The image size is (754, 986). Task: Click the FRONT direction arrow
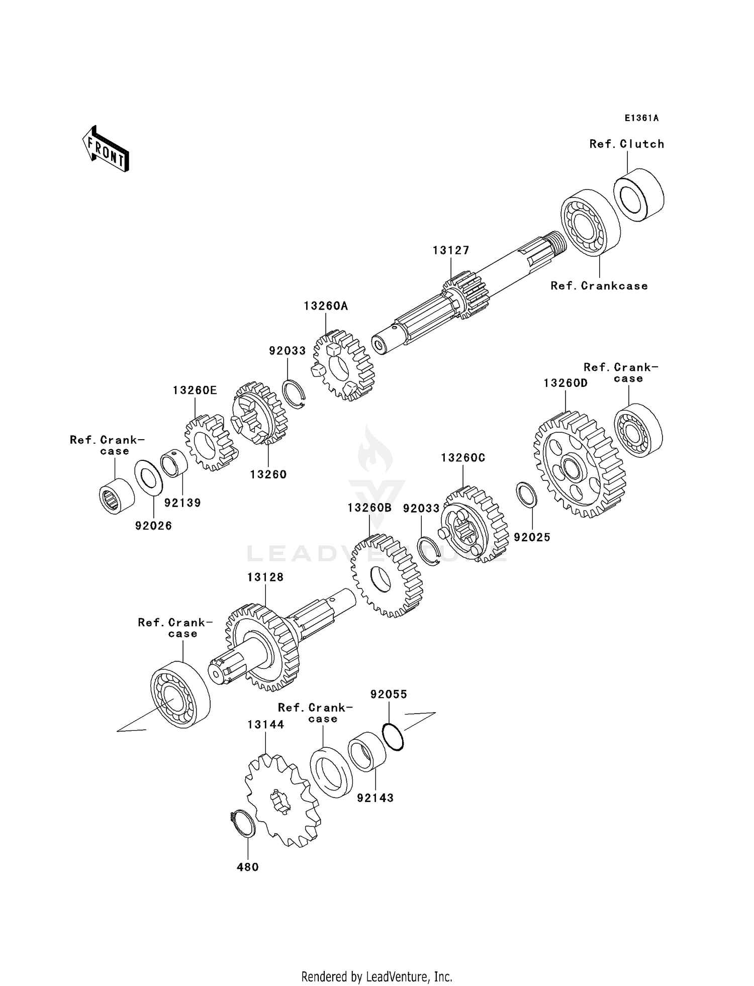pos(106,149)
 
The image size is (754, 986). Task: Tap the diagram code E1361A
pos(641,118)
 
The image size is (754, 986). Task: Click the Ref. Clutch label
pos(627,144)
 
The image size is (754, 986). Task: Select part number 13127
pos(451,250)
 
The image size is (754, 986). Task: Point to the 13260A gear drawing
pos(344,365)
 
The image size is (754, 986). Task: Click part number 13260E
pos(195,390)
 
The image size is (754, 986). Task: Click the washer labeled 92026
pos(149,475)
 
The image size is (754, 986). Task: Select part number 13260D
pos(565,383)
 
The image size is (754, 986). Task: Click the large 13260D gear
pos(579,465)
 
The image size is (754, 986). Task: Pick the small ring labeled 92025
pos(527,495)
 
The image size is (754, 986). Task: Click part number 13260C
pos(463,458)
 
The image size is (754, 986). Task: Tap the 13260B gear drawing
pos(386,576)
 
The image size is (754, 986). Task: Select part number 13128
pos(265,577)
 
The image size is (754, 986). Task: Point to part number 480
pos(248,867)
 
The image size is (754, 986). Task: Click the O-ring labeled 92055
pos(393,737)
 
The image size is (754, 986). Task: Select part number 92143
pos(375,798)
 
